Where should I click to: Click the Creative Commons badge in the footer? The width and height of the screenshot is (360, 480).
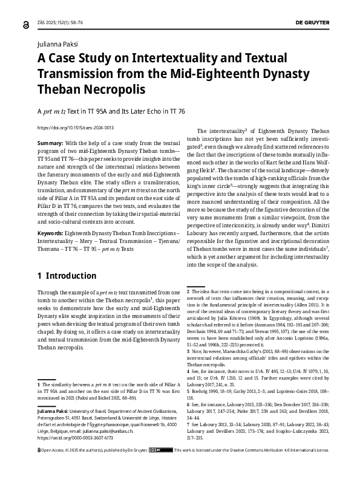tap(154, 467)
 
